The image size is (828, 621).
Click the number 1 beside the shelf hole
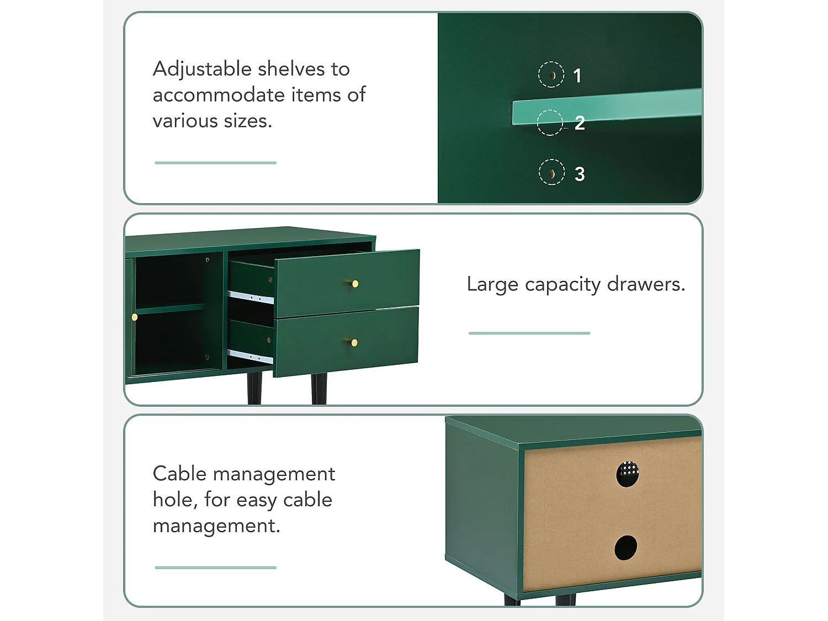[577, 76]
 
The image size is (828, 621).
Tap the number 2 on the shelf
[580, 123]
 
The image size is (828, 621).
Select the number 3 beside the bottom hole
[580, 174]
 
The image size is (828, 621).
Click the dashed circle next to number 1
[551, 75]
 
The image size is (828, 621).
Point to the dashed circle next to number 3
[551, 172]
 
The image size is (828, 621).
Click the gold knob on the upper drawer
[355, 284]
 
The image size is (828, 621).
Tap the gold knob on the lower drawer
[354, 343]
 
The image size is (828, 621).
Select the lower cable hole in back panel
[625, 548]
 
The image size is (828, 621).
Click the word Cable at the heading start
[179, 474]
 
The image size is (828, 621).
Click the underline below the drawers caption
[529, 333]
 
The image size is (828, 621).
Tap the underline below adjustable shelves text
[215, 163]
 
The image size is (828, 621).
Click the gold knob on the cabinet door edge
[135, 317]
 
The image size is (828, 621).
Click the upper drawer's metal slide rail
[251, 298]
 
